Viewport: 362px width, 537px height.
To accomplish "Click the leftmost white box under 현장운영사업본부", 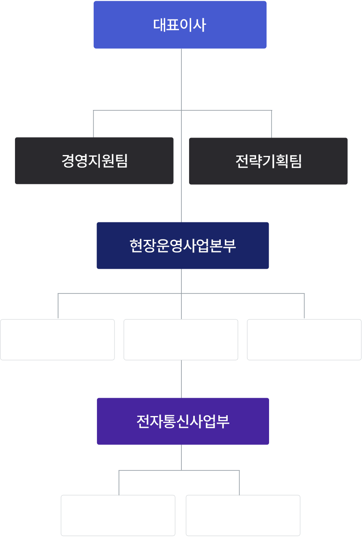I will tap(57, 340).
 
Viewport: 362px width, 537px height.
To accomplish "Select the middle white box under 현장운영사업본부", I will tap(181, 340).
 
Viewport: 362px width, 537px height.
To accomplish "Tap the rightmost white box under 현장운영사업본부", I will tap(304, 340).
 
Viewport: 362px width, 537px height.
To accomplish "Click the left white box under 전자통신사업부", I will tap(118, 515).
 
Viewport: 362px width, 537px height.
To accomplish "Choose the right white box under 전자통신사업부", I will tap(243, 515).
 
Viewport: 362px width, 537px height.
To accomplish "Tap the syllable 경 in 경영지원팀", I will tap(68, 161).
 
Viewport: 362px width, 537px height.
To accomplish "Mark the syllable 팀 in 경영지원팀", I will tap(121, 161).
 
